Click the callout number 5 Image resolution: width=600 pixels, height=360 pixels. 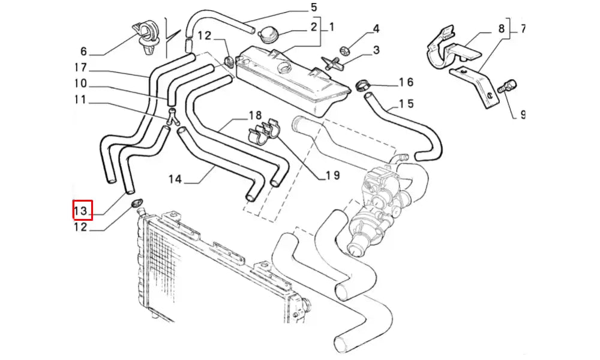pos(313,8)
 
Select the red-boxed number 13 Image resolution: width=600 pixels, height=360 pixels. pos(82,211)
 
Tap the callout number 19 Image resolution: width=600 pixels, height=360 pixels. pos(332,175)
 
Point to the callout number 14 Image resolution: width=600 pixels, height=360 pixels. pos(175,179)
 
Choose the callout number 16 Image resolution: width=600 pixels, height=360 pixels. pos(406,82)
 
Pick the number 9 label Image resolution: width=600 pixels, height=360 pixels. pos(522,114)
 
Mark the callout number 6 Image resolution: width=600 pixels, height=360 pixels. pos(83,52)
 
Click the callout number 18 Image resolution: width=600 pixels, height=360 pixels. pos(255,115)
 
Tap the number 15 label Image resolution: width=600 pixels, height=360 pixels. pos(406,104)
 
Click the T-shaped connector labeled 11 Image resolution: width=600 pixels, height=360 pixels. pos(173,117)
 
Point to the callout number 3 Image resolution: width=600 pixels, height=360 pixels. pos(376,50)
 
